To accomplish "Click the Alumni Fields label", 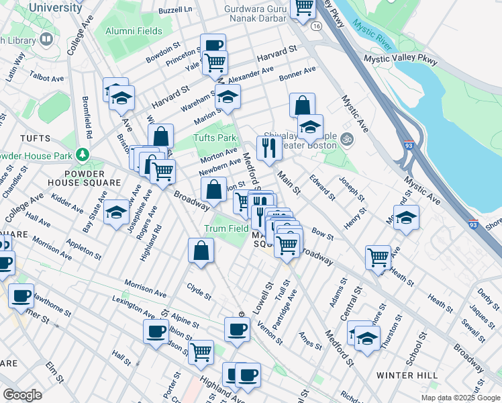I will [133, 31].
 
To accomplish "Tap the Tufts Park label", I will [215, 138].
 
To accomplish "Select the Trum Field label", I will [226, 228].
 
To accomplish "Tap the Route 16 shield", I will [315, 24].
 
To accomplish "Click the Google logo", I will [22, 395].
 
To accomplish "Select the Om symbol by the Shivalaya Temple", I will [346, 140].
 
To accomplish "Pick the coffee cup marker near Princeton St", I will [213, 46].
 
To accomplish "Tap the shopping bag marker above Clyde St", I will [201, 251].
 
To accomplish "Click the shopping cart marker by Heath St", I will [379, 257].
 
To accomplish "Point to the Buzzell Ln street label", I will [175, 10].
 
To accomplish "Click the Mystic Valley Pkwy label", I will [397, 58].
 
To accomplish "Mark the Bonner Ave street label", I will [298, 71].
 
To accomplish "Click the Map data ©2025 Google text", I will [460, 398].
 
